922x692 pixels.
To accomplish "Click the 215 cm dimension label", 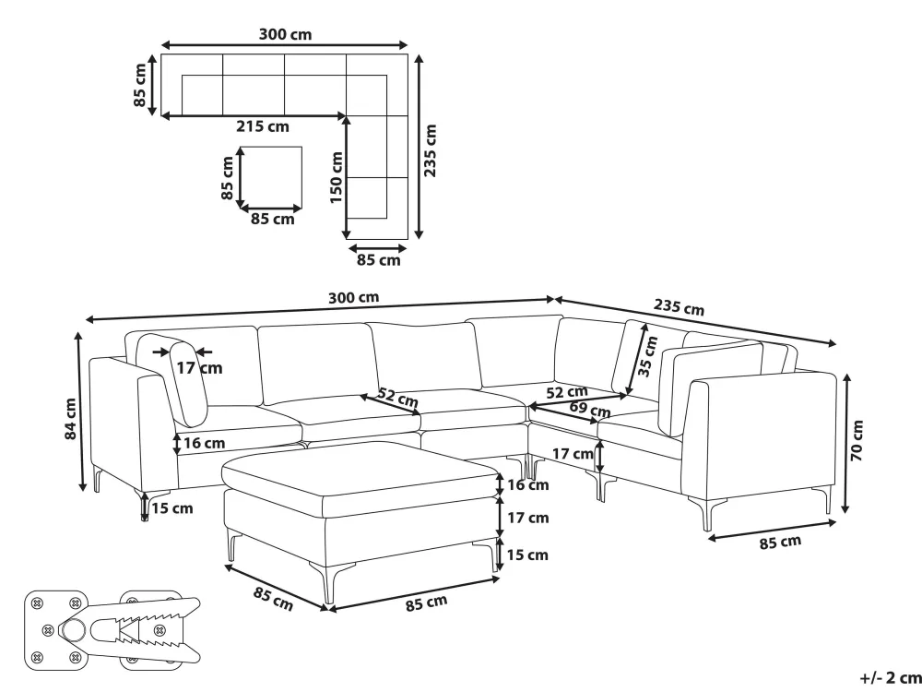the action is click(262, 126).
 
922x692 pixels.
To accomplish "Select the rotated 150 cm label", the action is click(336, 178).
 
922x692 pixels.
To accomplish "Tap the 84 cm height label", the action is click(70, 419).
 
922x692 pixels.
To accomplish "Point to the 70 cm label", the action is click(857, 441).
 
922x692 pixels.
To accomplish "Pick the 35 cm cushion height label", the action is click(647, 356).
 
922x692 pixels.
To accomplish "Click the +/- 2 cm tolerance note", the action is click(890, 678).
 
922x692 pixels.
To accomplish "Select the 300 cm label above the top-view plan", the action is click(285, 34).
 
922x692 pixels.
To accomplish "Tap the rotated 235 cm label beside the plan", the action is click(431, 150).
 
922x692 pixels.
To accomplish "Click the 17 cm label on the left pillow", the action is click(199, 368).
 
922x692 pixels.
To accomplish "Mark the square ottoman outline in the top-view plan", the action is click(271, 178).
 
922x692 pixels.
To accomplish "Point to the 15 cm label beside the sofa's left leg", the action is click(171, 508).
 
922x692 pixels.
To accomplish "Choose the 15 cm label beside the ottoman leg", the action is click(526, 555).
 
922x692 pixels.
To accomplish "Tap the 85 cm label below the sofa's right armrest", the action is click(780, 542).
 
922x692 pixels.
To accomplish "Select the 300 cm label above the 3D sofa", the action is click(353, 298).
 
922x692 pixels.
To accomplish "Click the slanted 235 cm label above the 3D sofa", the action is click(679, 306).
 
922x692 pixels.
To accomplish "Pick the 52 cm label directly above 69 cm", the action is click(567, 392).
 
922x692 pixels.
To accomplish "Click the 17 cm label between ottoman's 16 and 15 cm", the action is click(527, 518).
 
